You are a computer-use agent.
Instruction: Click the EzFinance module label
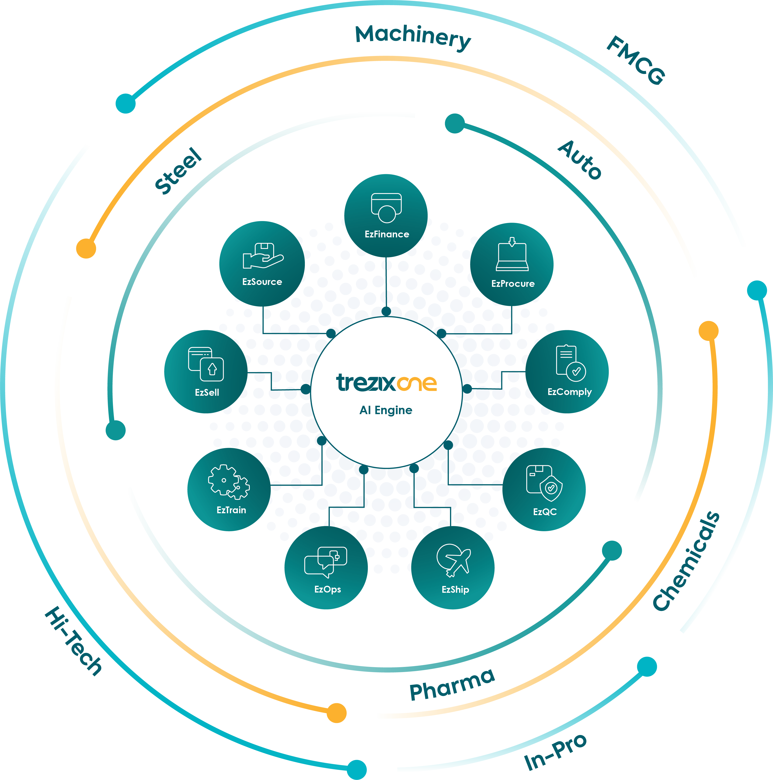coord(386,234)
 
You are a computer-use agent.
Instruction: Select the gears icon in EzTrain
coord(229,482)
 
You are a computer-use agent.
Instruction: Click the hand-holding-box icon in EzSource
coord(262,256)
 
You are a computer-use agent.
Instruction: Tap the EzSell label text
coord(207,392)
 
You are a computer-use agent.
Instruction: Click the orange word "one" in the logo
coord(417,383)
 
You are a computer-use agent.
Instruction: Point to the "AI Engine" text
coord(386,410)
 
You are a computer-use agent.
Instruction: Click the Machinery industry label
coord(413,38)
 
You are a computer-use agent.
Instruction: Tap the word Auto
coord(580,159)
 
